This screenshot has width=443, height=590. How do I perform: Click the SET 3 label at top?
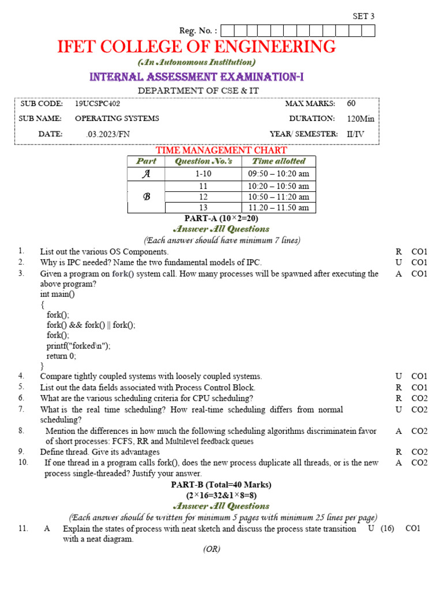363,16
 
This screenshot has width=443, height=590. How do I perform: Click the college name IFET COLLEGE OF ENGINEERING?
196,47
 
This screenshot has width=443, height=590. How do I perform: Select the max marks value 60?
351,104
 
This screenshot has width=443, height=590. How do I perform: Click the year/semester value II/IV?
355,134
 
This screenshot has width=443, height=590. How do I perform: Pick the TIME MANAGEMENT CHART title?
221,150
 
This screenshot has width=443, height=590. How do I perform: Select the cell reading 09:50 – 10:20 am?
279,173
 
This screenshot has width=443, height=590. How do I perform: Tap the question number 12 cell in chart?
203,196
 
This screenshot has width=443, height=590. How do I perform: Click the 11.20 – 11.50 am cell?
279,207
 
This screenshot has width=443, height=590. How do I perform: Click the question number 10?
23,462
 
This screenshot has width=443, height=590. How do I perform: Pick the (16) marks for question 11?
387,529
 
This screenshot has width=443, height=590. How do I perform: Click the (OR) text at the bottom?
212,549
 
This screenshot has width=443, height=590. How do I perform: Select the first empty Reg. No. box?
226,31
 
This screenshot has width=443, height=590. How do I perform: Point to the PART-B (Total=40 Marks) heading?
221,485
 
